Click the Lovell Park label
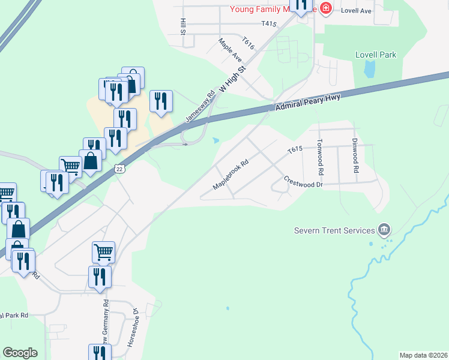point(376,55)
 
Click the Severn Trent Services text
point(333,230)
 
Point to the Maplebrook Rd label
point(231,175)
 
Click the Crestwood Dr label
point(303,181)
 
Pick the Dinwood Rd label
point(355,157)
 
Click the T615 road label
point(294,150)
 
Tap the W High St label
point(234,79)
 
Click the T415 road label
point(268,23)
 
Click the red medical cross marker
point(326,8)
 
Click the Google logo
point(20,353)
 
